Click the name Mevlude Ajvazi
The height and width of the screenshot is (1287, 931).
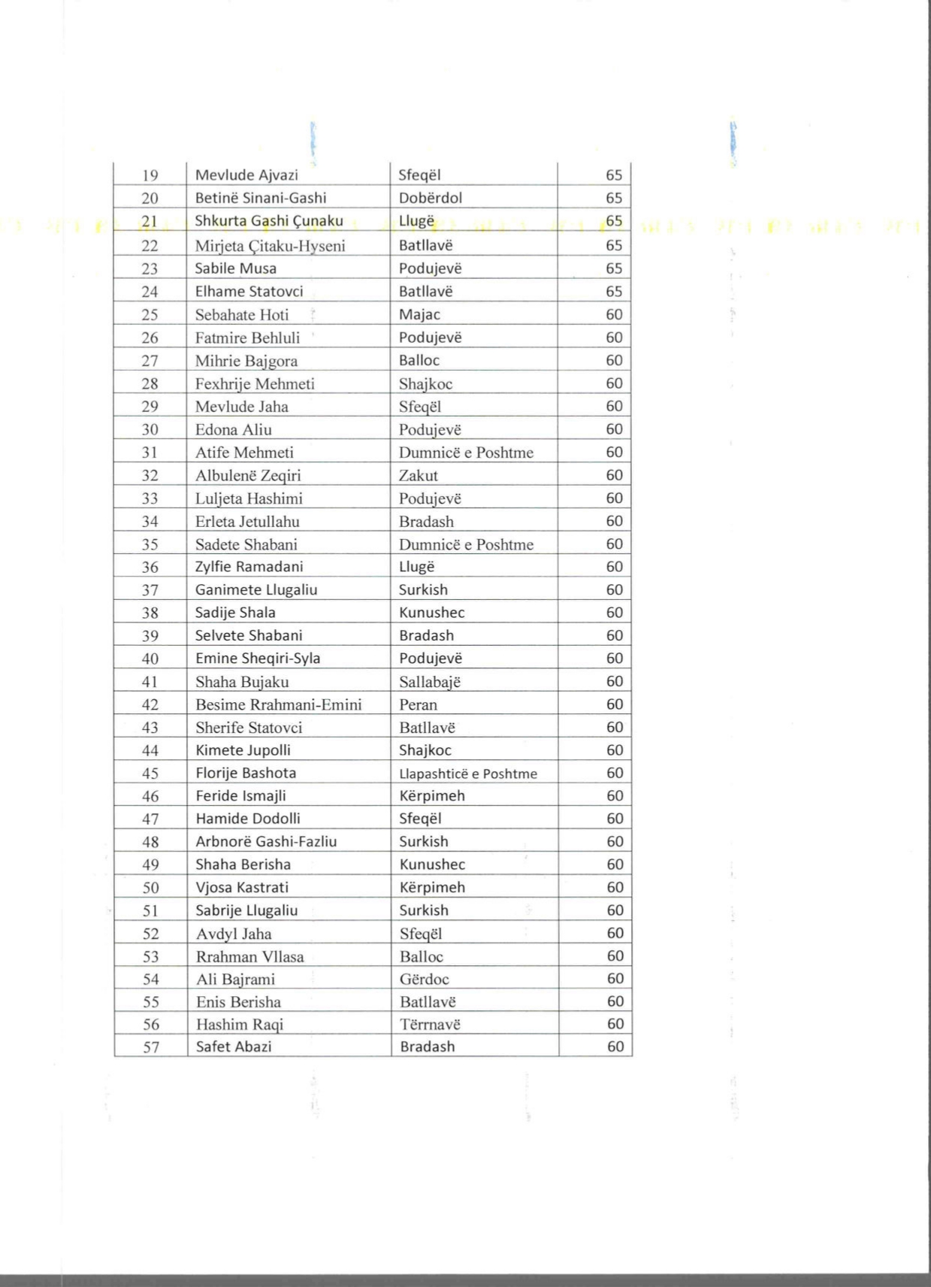[x=246, y=175]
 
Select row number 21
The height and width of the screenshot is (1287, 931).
[x=150, y=221]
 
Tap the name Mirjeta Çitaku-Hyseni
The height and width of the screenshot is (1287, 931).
[x=270, y=245]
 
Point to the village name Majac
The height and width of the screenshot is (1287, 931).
[x=419, y=314]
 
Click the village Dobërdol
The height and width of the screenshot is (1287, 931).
[x=430, y=198]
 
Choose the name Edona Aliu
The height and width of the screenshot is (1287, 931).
[x=233, y=429]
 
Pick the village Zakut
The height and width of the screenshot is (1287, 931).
[x=418, y=475]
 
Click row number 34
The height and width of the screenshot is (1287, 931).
[x=150, y=521]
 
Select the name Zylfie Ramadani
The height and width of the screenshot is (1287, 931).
[x=249, y=567]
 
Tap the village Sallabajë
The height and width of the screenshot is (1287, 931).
[x=430, y=682]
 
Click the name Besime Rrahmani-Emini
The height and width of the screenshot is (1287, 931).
[x=278, y=704]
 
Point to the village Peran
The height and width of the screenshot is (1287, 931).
[x=418, y=704]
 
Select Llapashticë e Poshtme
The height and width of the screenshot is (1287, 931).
[x=467, y=773]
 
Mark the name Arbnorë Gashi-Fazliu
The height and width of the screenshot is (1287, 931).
[x=266, y=841]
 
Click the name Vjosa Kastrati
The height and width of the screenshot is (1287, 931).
[x=242, y=887]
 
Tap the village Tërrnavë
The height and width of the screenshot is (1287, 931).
[x=430, y=1024]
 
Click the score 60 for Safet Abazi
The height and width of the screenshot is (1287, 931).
[x=615, y=1046]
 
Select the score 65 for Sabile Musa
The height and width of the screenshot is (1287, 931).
[x=614, y=268]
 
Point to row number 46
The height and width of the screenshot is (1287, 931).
[x=150, y=796]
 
